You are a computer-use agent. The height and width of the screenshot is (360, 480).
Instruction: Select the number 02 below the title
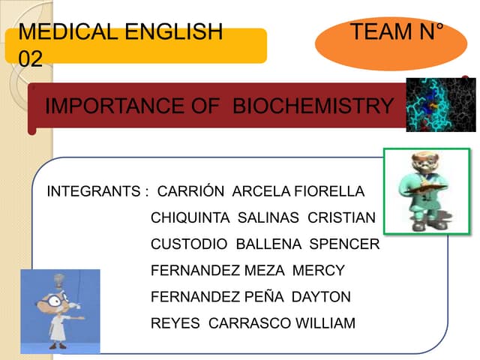30,58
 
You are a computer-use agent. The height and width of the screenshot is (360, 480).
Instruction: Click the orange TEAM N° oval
391,42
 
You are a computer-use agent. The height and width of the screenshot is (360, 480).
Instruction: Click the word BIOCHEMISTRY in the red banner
313,106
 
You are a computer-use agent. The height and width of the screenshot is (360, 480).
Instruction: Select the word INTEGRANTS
92,192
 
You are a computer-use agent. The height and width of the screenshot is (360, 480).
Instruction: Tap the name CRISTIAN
341,218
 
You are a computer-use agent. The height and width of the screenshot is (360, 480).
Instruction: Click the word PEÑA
264,297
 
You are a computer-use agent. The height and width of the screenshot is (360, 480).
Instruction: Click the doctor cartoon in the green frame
426,191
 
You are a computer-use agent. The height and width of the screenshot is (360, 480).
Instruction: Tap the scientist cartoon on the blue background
60,310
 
